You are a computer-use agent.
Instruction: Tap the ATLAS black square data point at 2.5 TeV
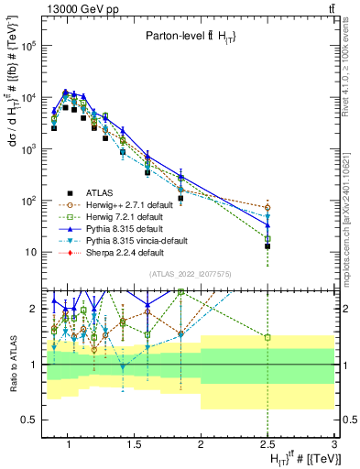267,245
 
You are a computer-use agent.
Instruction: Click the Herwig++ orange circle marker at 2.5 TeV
267,208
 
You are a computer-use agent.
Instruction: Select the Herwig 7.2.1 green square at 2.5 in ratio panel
267,338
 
